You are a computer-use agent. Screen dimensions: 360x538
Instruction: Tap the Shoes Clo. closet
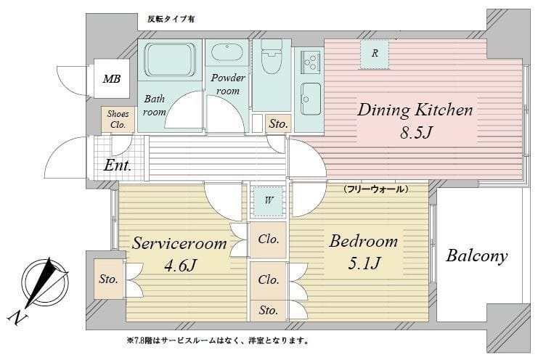pyautogui.click(x=118, y=119)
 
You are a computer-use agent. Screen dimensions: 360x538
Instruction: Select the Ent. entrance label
pyautogui.click(x=117, y=165)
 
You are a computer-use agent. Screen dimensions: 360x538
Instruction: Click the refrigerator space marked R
pyautogui.click(x=375, y=54)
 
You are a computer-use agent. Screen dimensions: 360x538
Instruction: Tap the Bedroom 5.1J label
pyautogui.click(x=363, y=252)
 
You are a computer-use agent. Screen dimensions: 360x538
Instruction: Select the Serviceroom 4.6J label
pyautogui.click(x=179, y=254)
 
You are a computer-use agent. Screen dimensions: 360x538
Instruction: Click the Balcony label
pyautogui.click(x=476, y=256)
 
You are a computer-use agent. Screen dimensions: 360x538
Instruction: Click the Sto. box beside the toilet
pyautogui.click(x=277, y=124)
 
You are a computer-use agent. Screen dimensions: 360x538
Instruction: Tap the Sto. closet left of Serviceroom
pyautogui.click(x=109, y=279)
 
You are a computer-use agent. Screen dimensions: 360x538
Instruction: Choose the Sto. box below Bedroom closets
pyautogui.click(x=268, y=311)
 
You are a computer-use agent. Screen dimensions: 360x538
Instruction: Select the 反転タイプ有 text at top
pyautogui.click(x=171, y=19)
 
